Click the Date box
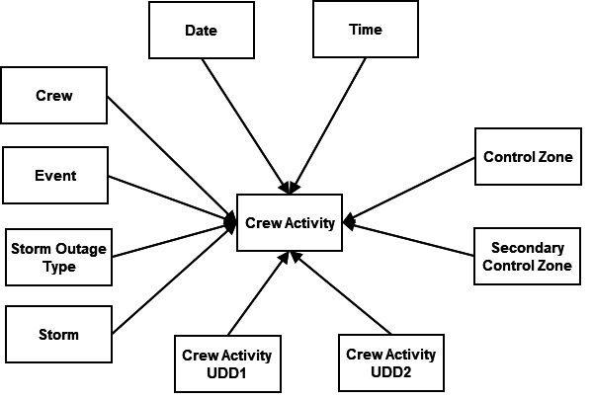[201, 30]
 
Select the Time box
[365, 30]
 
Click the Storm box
[56, 334]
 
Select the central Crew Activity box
[290, 222]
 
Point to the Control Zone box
[527, 156]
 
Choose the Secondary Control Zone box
[527, 258]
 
